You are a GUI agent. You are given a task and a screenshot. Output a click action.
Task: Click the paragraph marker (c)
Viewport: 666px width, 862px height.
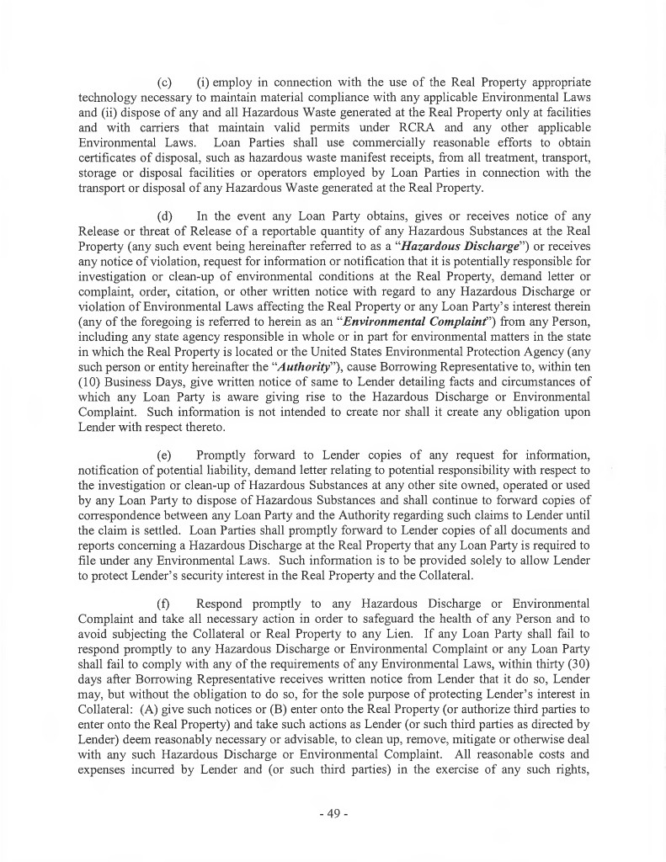tap(165, 83)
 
